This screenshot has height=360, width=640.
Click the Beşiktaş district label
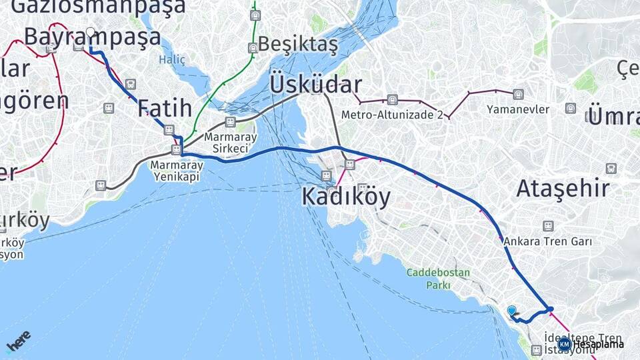pyautogui.click(x=297, y=44)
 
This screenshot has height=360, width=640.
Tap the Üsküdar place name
pyautogui.click(x=316, y=85)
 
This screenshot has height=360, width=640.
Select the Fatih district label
pyautogui.click(x=165, y=108)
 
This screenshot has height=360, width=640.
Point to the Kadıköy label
pyautogui.click(x=346, y=197)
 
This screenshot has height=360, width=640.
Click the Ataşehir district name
pyautogui.click(x=563, y=189)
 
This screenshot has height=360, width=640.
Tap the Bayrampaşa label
pyautogui.click(x=92, y=37)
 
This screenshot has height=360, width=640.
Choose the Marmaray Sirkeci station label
pyautogui.click(x=231, y=142)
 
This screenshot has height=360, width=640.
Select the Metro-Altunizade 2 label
pyautogui.click(x=392, y=115)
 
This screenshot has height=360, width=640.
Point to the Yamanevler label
pyautogui.click(x=518, y=109)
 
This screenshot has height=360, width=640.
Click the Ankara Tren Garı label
pyautogui.click(x=548, y=241)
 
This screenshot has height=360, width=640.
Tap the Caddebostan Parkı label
pyautogui.click(x=439, y=279)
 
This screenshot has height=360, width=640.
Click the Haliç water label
pyautogui.click(x=172, y=60)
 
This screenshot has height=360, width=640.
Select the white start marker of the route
pyautogui.click(x=91, y=32)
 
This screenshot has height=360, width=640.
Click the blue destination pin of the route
pyautogui.click(x=511, y=311)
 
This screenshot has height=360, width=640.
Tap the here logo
pyautogui.click(x=18, y=341)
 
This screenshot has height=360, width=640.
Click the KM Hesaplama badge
pyautogui.click(x=591, y=344)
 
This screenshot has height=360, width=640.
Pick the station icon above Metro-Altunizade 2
pyautogui.click(x=392, y=101)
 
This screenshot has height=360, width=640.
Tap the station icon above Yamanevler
pyautogui.click(x=518, y=94)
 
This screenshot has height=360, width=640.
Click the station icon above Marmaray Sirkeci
pyautogui.click(x=230, y=122)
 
